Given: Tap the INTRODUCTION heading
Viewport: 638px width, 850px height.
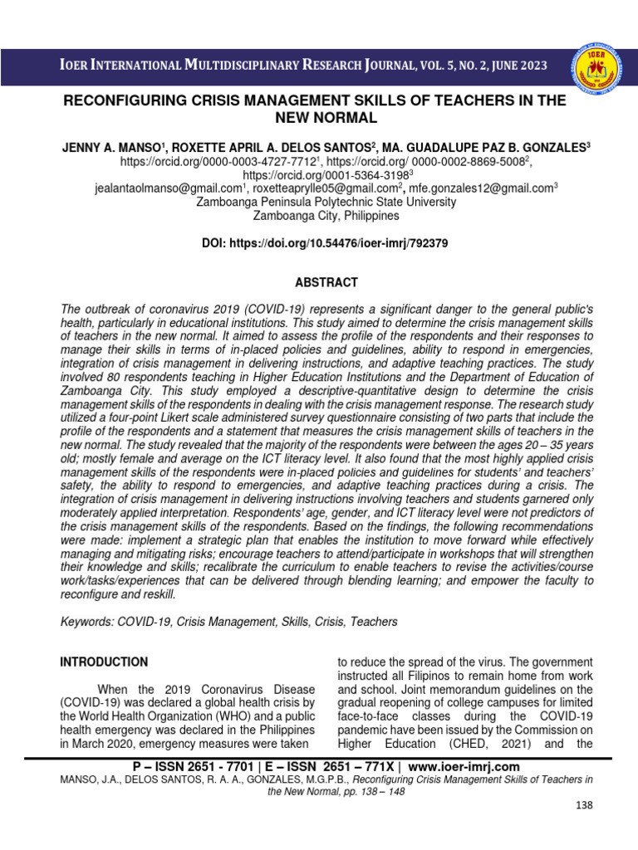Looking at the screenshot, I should pos(104,662).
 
